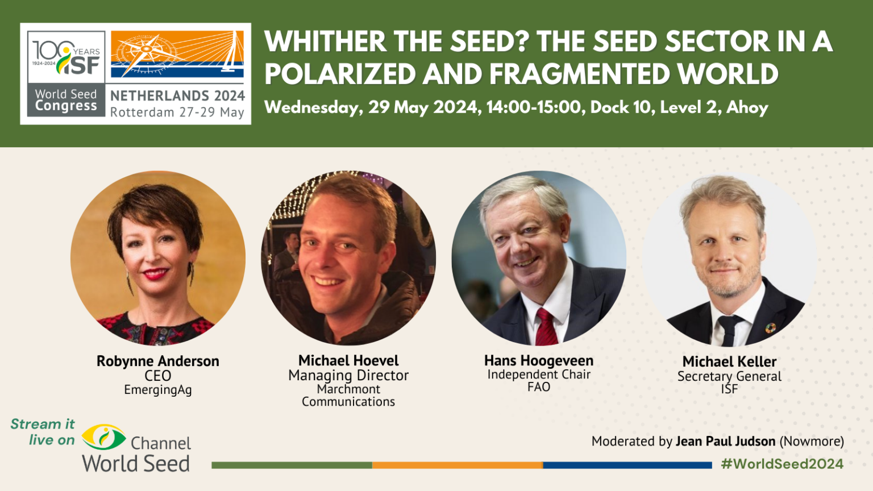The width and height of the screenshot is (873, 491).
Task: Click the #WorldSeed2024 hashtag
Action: (x=781, y=464)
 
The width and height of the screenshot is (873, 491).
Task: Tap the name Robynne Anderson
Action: (x=157, y=361)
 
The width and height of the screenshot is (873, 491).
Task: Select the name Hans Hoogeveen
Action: (x=538, y=361)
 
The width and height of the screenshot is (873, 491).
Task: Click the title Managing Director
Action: (x=348, y=376)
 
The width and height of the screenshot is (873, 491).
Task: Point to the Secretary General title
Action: (x=729, y=376)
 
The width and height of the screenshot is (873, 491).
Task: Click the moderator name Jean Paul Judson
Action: (x=725, y=442)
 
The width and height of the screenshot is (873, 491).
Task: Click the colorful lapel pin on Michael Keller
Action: (x=770, y=327)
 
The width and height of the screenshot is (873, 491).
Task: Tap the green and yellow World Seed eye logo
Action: (x=103, y=438)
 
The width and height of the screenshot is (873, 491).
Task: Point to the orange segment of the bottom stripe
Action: (x=457, y=465)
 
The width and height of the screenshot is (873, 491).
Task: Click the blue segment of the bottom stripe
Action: (x=627, y=465)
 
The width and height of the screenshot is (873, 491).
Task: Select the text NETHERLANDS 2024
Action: (x=177, y=95)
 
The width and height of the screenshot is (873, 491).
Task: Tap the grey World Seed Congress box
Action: (x=66, y=101)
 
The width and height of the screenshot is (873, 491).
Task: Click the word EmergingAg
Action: (x=157, y=390)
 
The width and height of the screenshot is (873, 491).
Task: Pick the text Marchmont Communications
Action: (x=348, y=396)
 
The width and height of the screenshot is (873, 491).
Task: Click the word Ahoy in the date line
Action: (x=747, y=107)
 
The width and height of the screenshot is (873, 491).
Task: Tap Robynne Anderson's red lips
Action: (x=156, y=274)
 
